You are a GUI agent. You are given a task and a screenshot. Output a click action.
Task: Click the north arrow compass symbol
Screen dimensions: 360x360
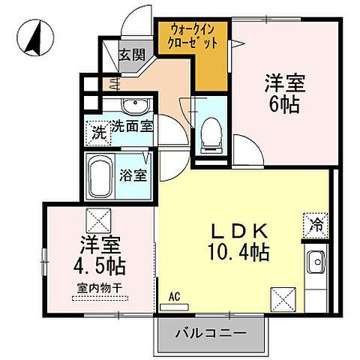pyautogui.click(x=34, y=38)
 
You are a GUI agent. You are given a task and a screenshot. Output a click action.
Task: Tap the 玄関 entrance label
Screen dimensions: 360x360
pyautogui.click(x=135, y=55)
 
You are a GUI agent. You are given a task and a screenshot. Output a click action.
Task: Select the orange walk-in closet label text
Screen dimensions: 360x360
pyautogui.click(x=193, y=37)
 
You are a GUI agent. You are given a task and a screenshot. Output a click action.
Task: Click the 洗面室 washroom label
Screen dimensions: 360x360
pyautogui.click(x=132, y=127)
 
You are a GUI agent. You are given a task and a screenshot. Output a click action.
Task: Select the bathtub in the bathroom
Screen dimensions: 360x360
pyautogui.click(x=99, y=177)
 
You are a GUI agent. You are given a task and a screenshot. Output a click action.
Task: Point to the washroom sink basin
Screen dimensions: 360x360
pyautogui.click(x=135, y=104)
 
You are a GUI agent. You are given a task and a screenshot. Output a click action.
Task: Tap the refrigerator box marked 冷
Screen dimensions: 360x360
pyautogui.click(x=315, y=223)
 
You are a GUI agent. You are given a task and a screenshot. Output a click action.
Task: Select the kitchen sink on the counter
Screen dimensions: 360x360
pyautogui.click(x=316, y=262)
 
